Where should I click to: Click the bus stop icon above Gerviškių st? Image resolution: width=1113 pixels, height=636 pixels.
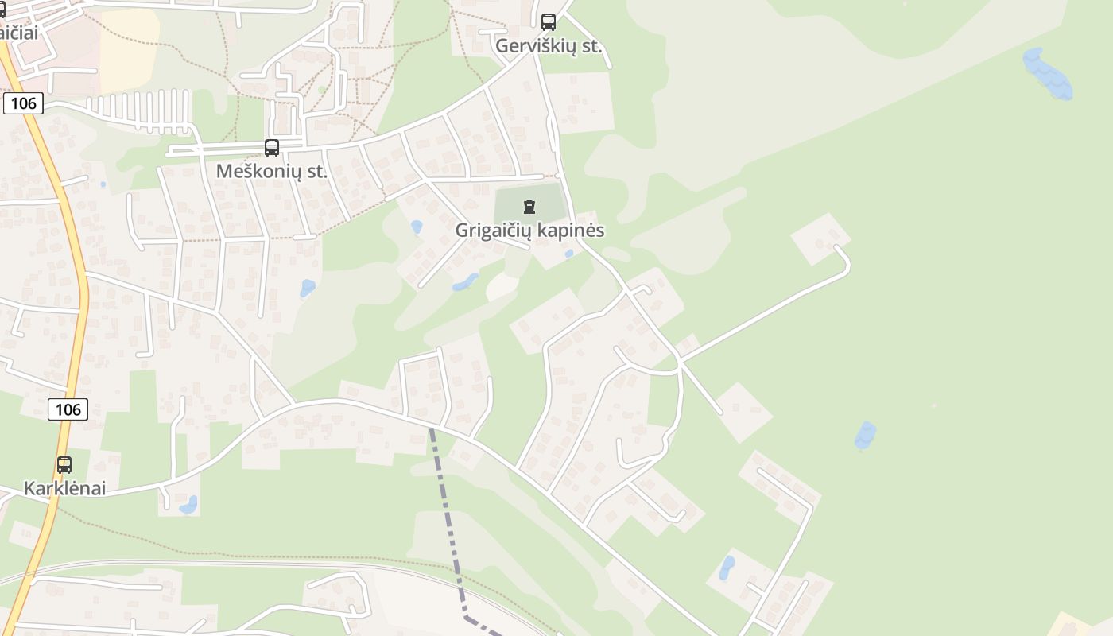pyautogui.click(x=549, y=22)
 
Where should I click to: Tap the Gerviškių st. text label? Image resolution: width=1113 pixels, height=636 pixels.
pyautogui.click(x=549, y=46)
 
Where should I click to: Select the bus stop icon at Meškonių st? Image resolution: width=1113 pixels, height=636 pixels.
pyautogui.click(x=272, y=148)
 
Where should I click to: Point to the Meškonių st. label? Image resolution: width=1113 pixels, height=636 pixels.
pyautogui.click(x=272, y=171)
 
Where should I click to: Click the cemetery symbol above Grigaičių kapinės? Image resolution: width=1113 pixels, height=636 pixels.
pyautogui.click(x=529, y=207)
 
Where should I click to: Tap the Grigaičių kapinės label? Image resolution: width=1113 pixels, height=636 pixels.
pyautogui.click(x=529, y=231)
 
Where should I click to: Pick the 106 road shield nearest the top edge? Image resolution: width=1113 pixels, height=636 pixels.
pyautogui.click(x=22, y=103)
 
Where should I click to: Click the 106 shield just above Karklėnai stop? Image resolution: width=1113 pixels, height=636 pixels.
pyautogui.click(x=68, y=409)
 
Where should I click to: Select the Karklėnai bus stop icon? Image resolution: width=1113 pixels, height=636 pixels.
pyautogui.click(x=64, y=465)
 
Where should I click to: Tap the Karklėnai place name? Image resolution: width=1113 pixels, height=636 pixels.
pyautogui.click(x=64, y=488)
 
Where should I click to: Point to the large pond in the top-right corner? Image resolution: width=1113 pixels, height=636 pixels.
pyautogui.click(x=1047, y=74)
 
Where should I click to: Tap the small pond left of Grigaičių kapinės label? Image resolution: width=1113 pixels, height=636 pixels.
pyautogui.click(x=417, y=227)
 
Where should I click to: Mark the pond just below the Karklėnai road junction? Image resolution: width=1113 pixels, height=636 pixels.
pyautogui.click(x=188, y=505)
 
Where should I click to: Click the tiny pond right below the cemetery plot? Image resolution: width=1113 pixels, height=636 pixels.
pyautogui.click(x=568, y=254)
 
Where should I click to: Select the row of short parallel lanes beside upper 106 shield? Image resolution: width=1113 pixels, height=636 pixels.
pyautogui.click(x=139, y=111)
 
